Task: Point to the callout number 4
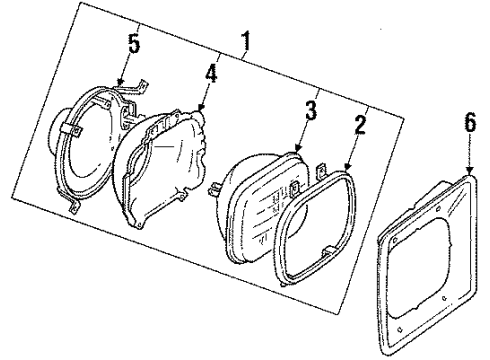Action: [x=210, y=76]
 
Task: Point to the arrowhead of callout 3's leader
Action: [x=300, y=152]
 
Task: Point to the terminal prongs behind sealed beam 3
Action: [x=214, y=186]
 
